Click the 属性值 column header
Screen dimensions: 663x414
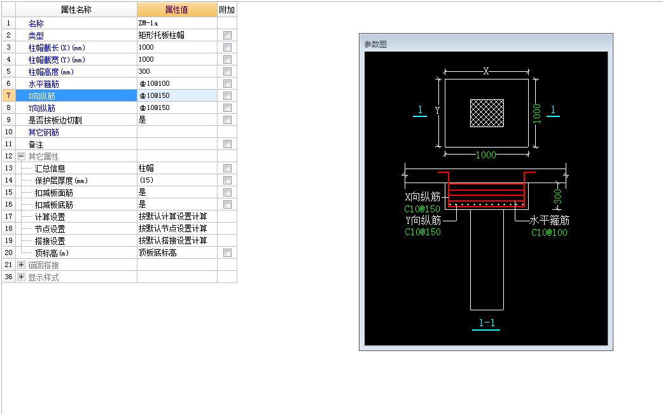pyautogui.click(x=177, y=10)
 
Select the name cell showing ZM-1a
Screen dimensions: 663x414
pyautogui.click(x=148, y=24)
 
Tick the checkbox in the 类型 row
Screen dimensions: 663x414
pyautogui.click(x=228, y=36)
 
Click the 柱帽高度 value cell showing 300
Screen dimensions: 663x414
pyautogui.click(x=144, y=71)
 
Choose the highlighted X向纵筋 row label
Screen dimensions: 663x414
pyautogui.click(x=42, y=96)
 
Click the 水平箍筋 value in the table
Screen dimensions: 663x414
pyautogui.click(x=155, y=84)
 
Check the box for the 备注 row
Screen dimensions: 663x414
pyautogui.click(x=228, y=144)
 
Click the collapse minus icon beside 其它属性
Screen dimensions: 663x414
pyautogui.click(x=21, y=156)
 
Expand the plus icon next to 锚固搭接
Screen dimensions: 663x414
pyautogui.click(x=21, y=265)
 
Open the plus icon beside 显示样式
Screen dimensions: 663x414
pyautogui.click(x=21, y=277)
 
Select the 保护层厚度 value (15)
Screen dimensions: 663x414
pyautogui.click(x=146, y=180)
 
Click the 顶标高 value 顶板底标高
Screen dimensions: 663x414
pyautogui.click(x=158, y=252)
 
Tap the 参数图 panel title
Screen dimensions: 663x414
pyautogui.click(x=375, y=45)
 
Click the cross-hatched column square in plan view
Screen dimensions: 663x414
pyautogui.click(x=487, y=113)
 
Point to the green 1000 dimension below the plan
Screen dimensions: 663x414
pyautogui.click(x=486, y=155)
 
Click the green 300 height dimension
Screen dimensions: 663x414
pyautogui.click(x=558, y=197)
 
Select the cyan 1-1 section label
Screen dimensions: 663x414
pyautogui.click(x=486, y=323)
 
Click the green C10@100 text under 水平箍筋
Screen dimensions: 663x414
pyautogui.click(x=549, y=232)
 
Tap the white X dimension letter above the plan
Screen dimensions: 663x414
pyautogui.click(x=486, y=71)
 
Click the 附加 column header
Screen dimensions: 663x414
pyautogui.click(x=227, y=10)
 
